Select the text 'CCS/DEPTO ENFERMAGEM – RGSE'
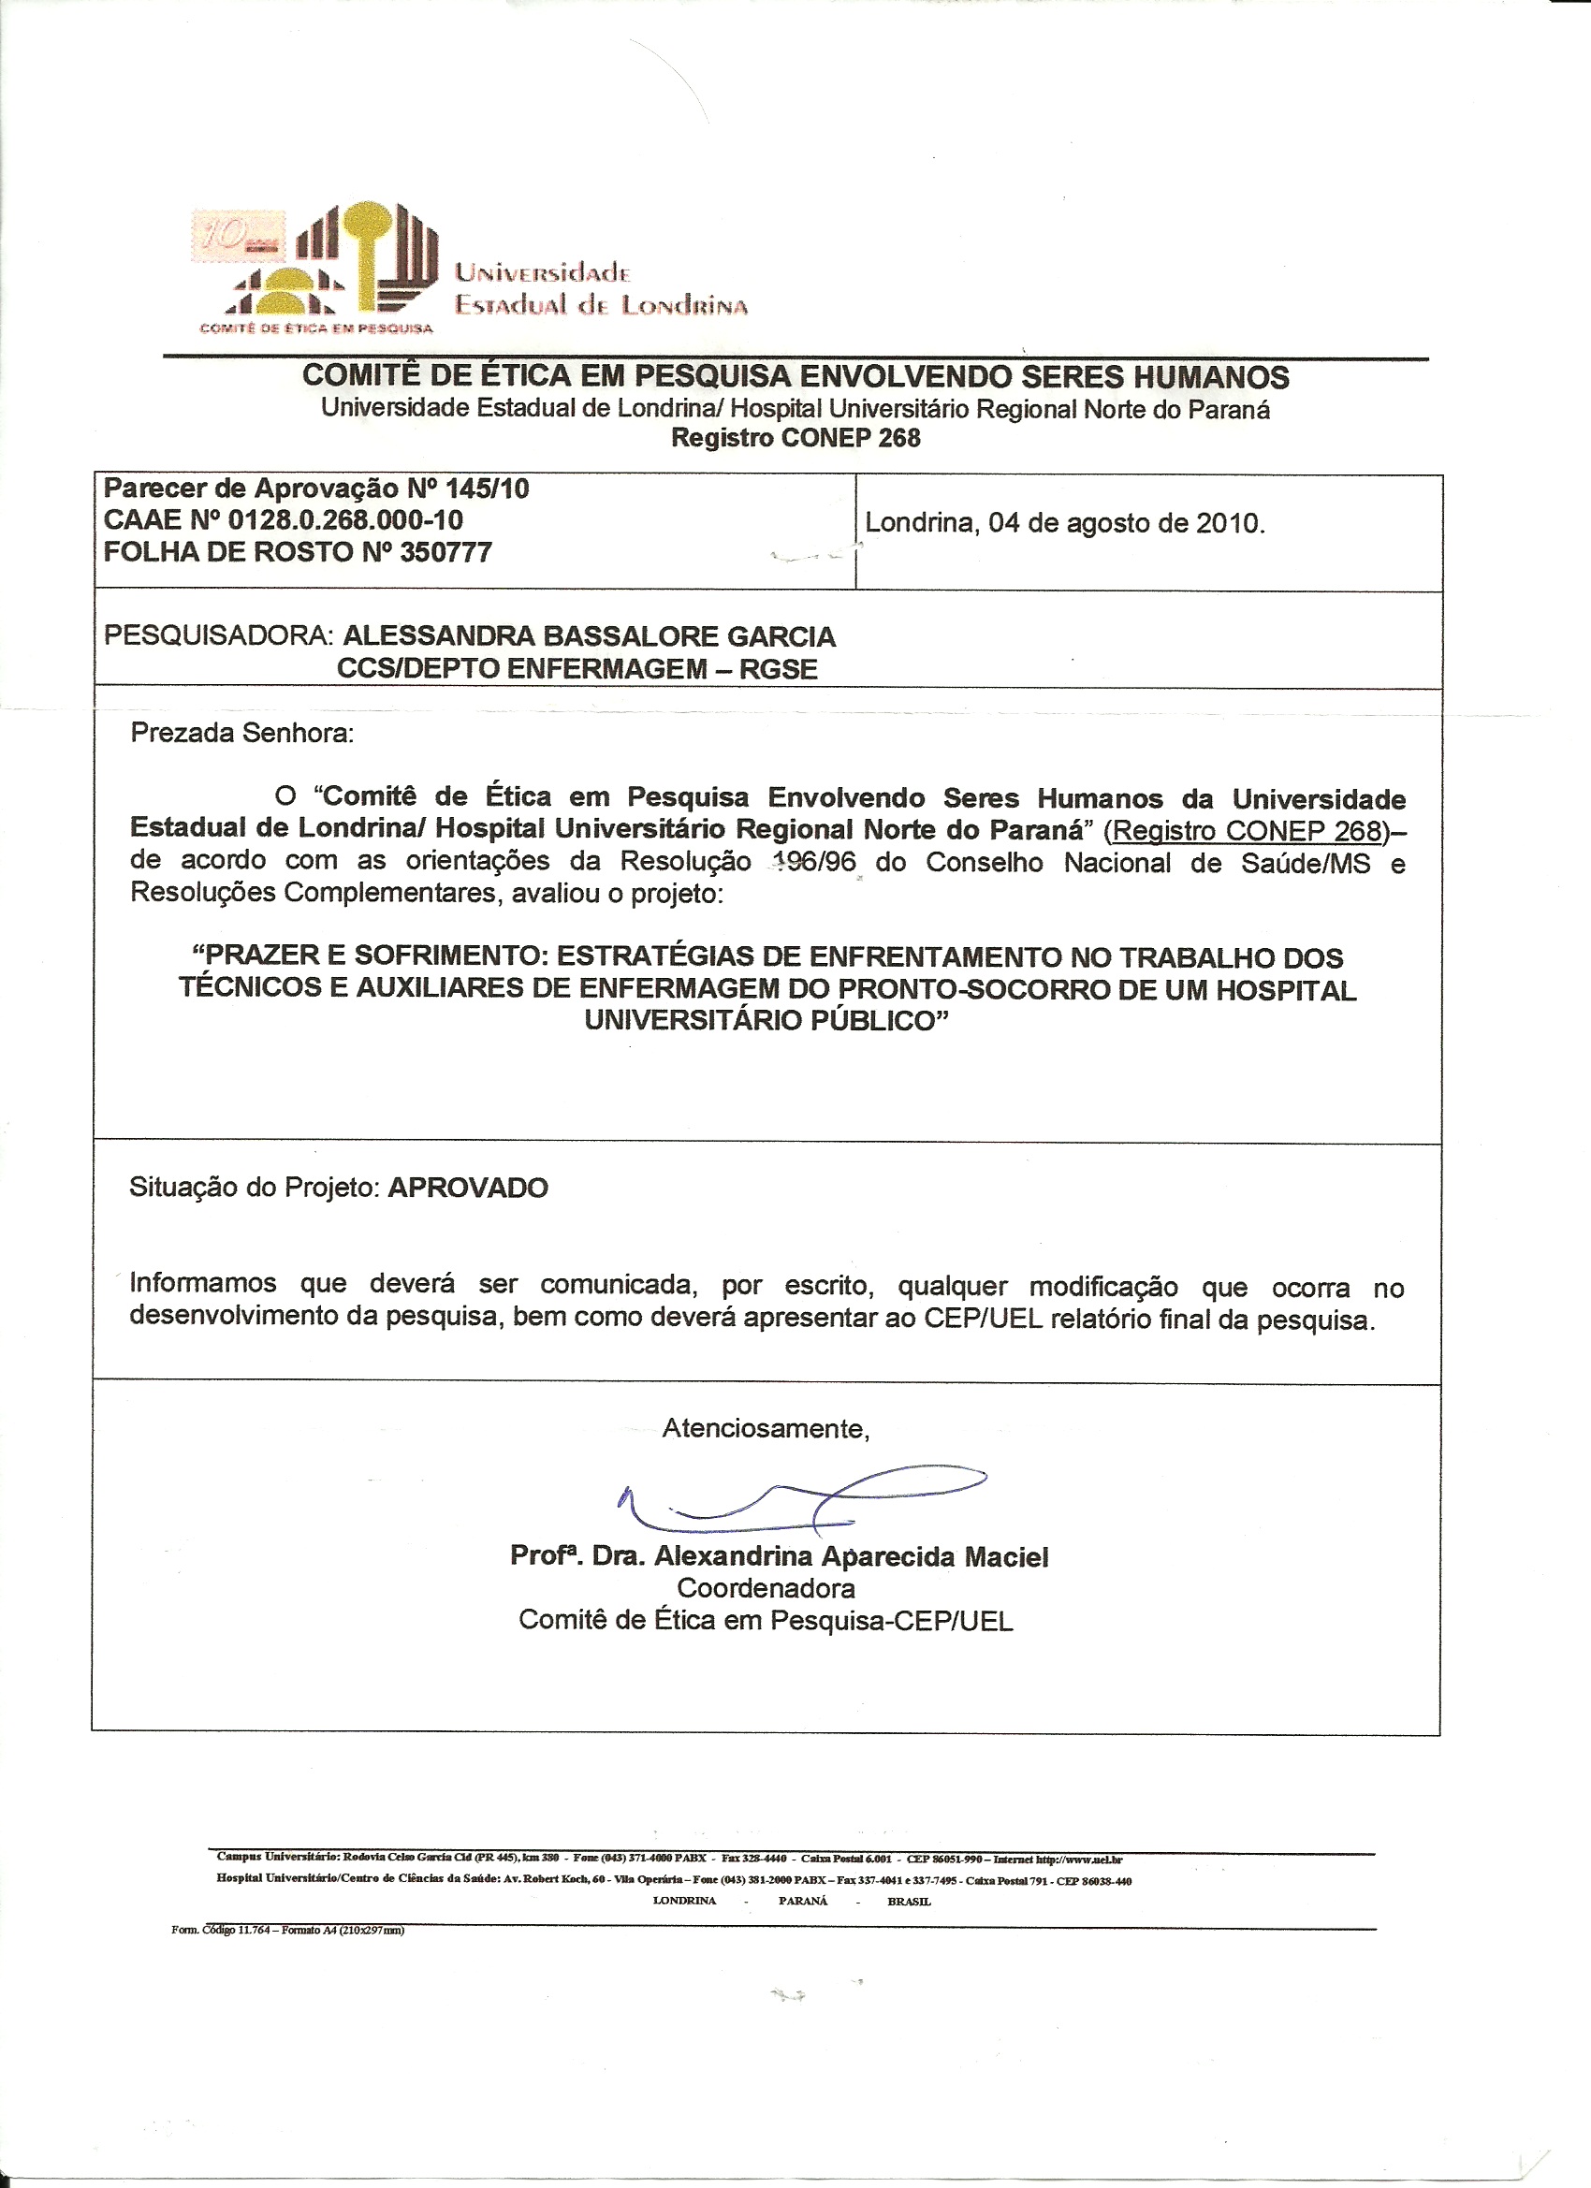click(x=577, y=669)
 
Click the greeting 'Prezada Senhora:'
click(x=242, y=733)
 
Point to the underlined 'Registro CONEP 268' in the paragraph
click(x=1248, y=832)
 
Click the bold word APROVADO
click(x=468, y=1188)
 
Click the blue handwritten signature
click(x=801, y=1501)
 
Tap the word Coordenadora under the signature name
click(x=766, y=1588)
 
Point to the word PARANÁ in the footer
click(x=803, y=1901)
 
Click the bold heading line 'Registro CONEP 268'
click(x=796, y=438)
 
